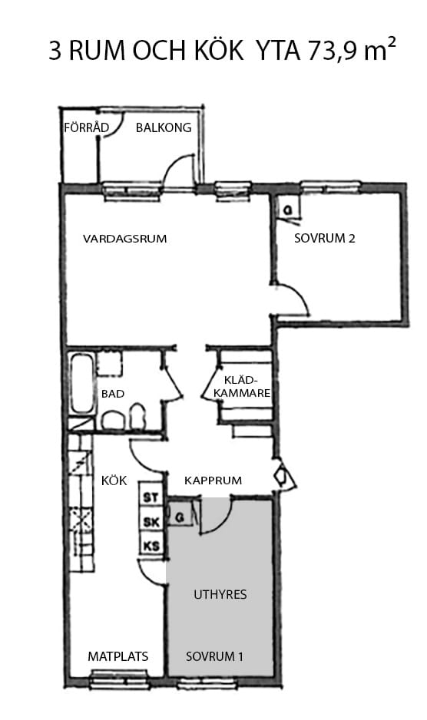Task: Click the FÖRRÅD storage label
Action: coord(84,127)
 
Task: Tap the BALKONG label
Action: coord(163,127)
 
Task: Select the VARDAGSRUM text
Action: coord(124,239)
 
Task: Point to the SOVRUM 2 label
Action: coord(325,239)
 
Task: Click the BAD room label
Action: coord(112,394)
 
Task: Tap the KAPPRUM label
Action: coord(213,481)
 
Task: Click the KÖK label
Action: coord(114,481)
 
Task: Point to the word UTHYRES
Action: coord(220,595)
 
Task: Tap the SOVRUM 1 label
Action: coord(215,657)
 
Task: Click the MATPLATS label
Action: coord(118,657)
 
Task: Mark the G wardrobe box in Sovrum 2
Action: coord(287,209)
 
